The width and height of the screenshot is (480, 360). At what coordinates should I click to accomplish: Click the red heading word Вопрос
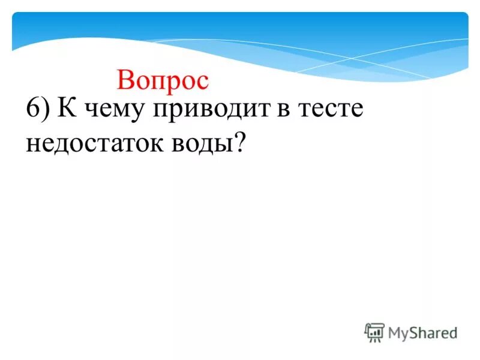click(163, 80)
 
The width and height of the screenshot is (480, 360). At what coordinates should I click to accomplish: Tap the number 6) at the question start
click(37, 112)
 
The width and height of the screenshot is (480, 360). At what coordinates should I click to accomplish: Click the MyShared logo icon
click(374, 332)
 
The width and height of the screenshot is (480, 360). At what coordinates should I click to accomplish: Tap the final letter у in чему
click(139, 115)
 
